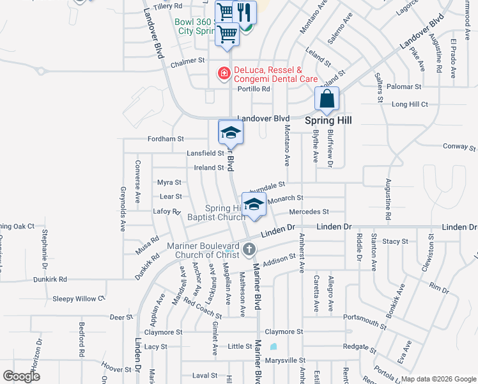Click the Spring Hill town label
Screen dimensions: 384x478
pos(328,120)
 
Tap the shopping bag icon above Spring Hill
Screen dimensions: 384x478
pos(327,100)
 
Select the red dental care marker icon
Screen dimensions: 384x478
pos(224,74)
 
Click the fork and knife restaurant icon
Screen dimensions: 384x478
pos(243,12)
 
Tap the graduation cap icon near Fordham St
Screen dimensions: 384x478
pos(231,132)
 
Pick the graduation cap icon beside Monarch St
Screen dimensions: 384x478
pos(254,205)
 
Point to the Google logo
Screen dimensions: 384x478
pos(21,376)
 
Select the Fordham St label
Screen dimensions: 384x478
pos(166,138)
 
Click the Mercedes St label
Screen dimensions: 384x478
pos(309,212)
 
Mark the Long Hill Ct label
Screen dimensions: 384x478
pos(410,104)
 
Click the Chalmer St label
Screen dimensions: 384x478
pos(169,65)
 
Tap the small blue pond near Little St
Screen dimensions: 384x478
pos(274,347)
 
